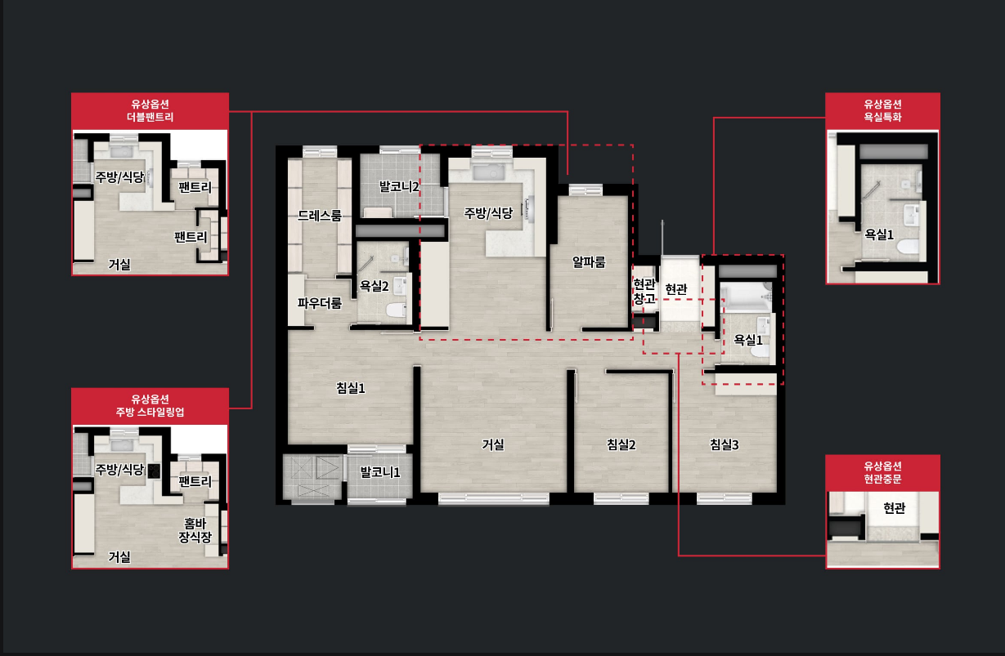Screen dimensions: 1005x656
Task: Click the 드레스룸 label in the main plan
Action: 320,216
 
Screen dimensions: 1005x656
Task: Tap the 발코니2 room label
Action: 399,186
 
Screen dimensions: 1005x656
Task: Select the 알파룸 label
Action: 589,262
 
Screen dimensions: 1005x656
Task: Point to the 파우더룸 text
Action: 320,303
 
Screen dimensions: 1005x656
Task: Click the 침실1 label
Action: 351,388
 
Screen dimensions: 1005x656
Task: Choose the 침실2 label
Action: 621,444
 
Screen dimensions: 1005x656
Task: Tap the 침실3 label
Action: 724,444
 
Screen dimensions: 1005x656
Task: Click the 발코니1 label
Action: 380,472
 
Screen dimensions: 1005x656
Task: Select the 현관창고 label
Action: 644,292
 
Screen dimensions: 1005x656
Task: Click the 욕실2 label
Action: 374,286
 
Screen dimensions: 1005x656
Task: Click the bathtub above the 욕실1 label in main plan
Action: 746,297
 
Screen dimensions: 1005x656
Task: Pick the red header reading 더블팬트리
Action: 150,110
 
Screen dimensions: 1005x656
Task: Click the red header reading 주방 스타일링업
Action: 150,406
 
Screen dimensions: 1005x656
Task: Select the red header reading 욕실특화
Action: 882,110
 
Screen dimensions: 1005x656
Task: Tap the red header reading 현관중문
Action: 882,473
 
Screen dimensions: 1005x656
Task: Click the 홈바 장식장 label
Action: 195,530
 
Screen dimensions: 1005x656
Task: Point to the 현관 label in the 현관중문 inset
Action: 894,508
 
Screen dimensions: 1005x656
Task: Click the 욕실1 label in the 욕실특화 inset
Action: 879,234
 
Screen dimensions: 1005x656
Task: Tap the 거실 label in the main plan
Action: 492,444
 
